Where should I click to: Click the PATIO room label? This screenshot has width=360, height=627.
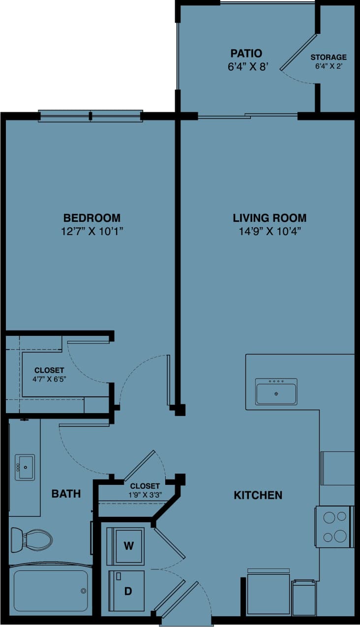246,53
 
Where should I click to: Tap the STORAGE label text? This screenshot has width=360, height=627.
328,58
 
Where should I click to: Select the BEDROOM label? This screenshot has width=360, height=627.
92,218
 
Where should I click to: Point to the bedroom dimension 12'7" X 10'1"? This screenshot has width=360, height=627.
92,232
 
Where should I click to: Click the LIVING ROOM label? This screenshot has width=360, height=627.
270,218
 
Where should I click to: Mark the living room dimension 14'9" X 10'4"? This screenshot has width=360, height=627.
270,232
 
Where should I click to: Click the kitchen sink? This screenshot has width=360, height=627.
276,392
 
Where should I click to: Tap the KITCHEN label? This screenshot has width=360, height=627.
258,495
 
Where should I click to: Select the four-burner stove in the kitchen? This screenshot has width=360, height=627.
334,526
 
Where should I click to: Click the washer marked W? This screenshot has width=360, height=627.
128,545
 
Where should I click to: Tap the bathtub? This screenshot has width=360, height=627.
50,590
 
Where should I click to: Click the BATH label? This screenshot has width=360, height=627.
66,494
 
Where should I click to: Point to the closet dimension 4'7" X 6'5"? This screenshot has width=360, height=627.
49,379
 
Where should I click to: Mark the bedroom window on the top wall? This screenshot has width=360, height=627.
90,116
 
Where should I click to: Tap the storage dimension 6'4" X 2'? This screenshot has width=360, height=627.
328,66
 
